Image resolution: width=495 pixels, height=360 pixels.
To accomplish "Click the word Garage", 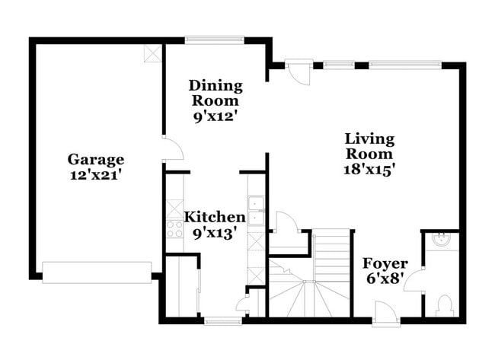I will [96, 159].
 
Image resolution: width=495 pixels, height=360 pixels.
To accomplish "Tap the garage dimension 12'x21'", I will [96, 174].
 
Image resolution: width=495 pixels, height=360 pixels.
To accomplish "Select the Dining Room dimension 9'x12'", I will [216, 116].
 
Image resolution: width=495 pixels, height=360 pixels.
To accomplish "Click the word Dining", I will [216, 84].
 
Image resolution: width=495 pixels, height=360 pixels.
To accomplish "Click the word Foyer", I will [385, 263].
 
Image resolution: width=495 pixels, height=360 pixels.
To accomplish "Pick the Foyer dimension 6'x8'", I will [385, 279].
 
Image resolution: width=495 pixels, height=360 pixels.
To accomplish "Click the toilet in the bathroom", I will [444, 306].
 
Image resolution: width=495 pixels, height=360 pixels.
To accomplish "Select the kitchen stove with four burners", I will [174, 228].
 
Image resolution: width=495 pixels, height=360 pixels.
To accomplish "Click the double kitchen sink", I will [257, 212].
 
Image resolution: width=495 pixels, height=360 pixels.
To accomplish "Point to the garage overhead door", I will [97, 272].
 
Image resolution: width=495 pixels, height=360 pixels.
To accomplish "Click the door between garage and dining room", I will [172, 148].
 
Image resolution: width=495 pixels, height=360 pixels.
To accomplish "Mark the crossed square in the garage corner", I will [153, 53].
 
